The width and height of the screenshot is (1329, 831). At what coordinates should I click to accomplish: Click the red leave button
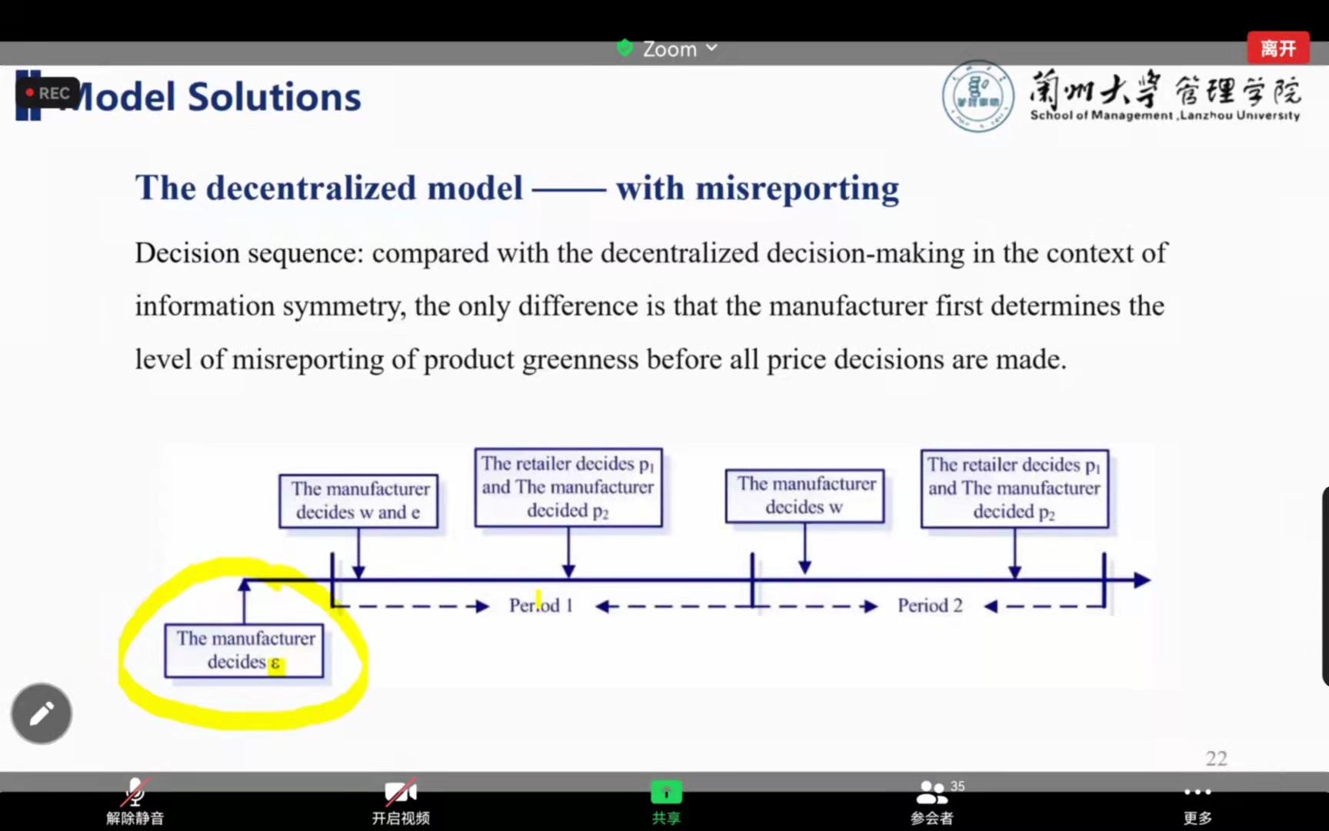(1277, 48)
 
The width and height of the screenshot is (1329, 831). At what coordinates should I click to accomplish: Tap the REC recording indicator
(48, 93)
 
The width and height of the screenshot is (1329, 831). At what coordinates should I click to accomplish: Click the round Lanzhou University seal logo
(978, 97)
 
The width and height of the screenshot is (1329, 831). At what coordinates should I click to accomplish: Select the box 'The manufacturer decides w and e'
(358, 501)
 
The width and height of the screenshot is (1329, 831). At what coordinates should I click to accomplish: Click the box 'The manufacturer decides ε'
(245, 651)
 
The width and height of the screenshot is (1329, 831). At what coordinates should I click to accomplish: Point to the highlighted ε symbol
(275, 664)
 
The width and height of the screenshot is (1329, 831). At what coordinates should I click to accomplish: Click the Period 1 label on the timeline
(541, 606)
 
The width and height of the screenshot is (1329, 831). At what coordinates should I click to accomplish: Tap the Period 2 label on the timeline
(930, 606)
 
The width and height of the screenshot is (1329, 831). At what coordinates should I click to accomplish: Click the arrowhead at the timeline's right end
(1142, 580)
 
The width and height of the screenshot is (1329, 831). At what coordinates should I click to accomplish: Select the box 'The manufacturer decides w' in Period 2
(805, 496)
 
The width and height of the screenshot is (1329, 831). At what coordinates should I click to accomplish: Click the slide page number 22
(1216, 759)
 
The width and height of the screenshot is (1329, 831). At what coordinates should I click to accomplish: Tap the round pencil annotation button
(42, 713)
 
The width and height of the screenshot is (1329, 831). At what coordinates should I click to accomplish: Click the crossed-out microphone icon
(135, 792)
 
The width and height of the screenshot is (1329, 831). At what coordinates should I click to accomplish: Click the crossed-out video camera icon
(401, 792)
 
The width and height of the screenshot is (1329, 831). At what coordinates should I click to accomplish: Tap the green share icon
(666, 792)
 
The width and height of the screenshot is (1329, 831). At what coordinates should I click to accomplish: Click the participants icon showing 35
(932, 792)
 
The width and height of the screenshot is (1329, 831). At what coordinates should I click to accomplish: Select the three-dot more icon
(1197, 792)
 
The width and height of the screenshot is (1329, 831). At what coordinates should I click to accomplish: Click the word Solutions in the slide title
(275, 97)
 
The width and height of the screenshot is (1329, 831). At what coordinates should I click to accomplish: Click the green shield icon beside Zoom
(625, 48)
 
